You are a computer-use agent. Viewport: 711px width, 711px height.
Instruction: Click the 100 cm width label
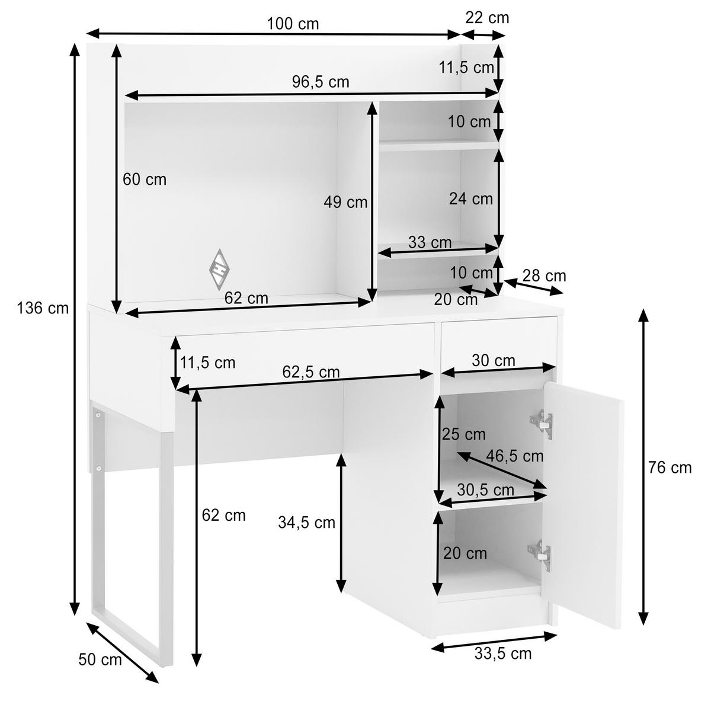point(293,24)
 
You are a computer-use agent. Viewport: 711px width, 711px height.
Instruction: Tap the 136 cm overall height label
point(43,308)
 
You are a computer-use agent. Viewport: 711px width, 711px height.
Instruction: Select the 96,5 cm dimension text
point(321,82)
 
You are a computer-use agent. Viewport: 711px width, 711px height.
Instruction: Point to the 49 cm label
point(345,202)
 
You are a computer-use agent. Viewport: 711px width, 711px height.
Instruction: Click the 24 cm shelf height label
point(471,199)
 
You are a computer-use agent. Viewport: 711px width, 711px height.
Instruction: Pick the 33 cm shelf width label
point(430,242)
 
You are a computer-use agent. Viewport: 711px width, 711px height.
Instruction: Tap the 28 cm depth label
point(545,276)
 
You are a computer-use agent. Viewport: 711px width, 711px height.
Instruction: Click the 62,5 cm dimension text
point(310,372)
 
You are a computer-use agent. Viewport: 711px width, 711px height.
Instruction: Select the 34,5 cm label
point(306,523)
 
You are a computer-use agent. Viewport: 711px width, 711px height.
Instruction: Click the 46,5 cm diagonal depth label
point(514,456)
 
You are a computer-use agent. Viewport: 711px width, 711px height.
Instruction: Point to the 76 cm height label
point(670,468)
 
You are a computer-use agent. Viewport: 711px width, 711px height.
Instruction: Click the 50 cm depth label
point(100,659)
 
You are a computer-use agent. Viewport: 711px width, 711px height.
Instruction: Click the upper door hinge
point(542,424)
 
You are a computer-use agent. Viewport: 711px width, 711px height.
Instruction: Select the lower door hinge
point(540,555)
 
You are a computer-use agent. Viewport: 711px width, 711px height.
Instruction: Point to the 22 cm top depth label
point(487,18)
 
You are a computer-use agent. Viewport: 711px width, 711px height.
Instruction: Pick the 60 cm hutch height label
point(144,180)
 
